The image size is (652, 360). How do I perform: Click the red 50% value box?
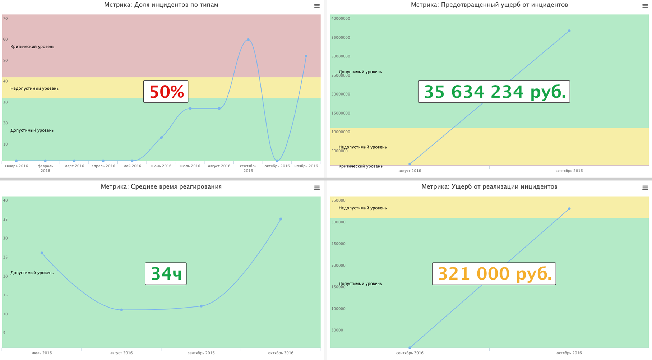click(166, 92)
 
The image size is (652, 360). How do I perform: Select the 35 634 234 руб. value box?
click(494, 92)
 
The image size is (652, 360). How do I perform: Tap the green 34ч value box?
click(166, 273)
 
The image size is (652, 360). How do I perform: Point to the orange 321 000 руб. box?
click(494, 273)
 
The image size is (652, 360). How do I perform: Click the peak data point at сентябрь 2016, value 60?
click(248, 40)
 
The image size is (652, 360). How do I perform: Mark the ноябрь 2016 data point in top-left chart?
click(306, 56)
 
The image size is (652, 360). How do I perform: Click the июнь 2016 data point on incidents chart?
click(161, 138)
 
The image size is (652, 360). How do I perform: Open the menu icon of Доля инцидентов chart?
click(317, 6)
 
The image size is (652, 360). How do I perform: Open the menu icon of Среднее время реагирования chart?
click(317, 188)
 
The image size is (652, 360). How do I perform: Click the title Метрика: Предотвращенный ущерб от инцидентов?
click(489, 5)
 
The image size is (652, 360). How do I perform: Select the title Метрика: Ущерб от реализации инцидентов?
click(489, 186)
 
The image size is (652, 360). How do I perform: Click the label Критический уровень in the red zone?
click(32, 47)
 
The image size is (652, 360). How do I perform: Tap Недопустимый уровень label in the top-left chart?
click(34, 88)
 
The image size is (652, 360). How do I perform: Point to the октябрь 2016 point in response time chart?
click(281, 219)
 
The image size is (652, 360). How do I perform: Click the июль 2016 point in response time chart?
click(42, 253)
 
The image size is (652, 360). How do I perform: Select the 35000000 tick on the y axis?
click(341, 37)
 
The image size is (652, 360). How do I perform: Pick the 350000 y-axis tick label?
click(338, 200)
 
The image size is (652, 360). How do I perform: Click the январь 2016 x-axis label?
click(17, 166)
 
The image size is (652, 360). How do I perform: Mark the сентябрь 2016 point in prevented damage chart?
click(569, 31)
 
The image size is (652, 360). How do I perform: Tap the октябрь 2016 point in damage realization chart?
click(569, 209)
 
